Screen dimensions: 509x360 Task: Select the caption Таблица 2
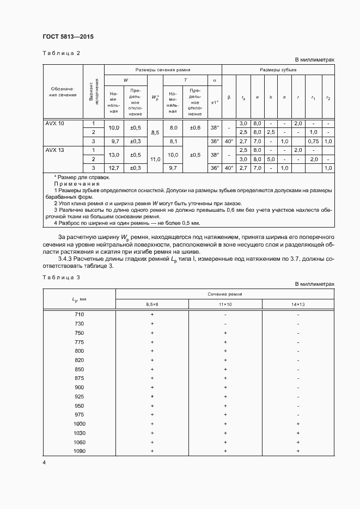click(x=61, y=53)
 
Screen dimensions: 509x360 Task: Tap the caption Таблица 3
click(x=61, y=278)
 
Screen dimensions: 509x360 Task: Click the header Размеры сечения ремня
click(x=163, y=70)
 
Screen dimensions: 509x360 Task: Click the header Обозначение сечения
click(x=62, y=91)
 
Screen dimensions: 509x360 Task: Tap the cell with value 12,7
click(x=114, y=168)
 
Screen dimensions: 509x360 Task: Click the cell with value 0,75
click(x=313, y=141)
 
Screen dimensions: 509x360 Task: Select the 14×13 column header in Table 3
click(x=298, y=304)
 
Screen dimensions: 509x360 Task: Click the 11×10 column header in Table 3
click(x=225, y=304)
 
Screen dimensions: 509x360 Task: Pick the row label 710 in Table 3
click(x=79, y=315)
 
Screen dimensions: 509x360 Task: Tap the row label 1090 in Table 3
click(x=79, y=451)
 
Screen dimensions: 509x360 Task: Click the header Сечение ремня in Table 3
click(x=225, y=294)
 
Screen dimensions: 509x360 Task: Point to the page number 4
click(x=44, y=463)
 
